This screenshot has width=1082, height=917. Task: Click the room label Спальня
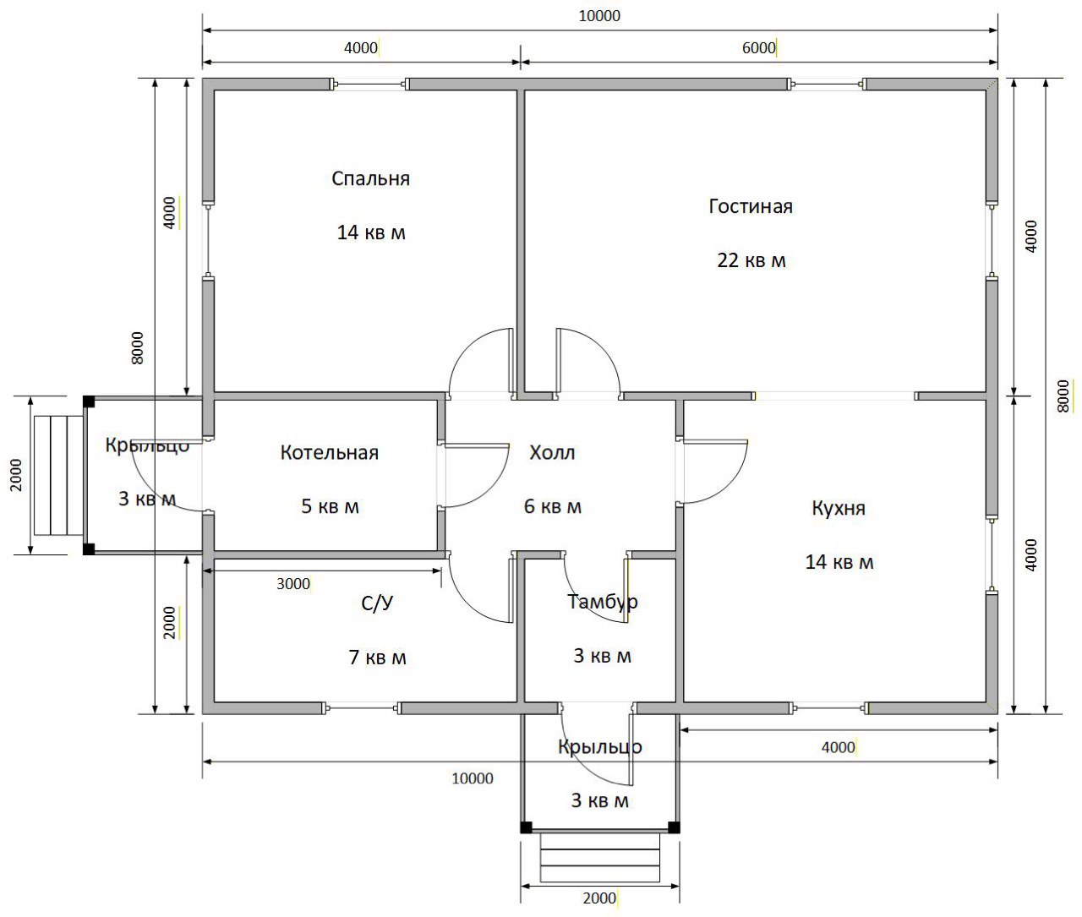pyautogui.click(x=370, y=179)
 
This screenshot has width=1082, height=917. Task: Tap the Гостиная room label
pyautogui.click(x=750, y=206)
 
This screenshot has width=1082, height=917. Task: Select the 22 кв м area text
pyautogui.click(x=751, y=260)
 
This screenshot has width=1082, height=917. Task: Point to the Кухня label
pyautogui.click(x=838, y=508)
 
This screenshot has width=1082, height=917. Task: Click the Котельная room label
pyautogui.click(x=330, y=453)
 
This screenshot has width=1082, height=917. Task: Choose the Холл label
pyautogui.click(x=552, y=453)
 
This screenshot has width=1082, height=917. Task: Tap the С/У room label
pyautogui.click(x=377, y=603)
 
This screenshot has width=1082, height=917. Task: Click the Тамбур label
pyautogui.click(x=602, y=603)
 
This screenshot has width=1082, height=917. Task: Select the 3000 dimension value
pyautogui.click(x=293, y=584)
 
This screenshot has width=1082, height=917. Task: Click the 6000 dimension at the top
pyautogui.click(x=758, y=48)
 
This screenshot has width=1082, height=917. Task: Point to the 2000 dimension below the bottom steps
pyautogui.click(x=599, y=898)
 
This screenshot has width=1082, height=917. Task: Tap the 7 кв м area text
pyautogui.click(x=377, y=658)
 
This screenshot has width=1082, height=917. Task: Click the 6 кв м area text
pyautogui.click(x=552, y=506)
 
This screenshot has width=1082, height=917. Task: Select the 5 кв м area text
pyautogui.click(x=330, y=506)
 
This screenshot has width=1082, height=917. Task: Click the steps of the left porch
pyautogui.click(x=58, y=476)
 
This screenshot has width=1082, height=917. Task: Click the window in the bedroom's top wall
pyautogui.click(x=369, y=84)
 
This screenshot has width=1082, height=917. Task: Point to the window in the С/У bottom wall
pyautogui.click(x=361, y=708)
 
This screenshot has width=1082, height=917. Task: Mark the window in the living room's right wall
pyautogui.click(x=992, y=240)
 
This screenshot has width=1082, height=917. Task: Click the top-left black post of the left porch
pyautogui.click(x=89, y=402)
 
